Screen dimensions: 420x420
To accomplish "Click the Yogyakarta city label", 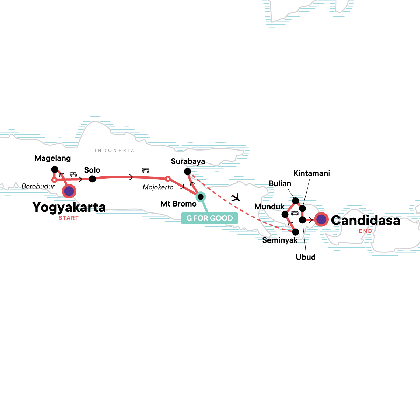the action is pos(69,207).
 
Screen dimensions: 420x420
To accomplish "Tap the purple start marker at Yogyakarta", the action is pos(69,191).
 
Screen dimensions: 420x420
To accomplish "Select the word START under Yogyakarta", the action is pos(69,218).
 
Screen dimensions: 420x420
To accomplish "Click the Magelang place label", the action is pos(53,158).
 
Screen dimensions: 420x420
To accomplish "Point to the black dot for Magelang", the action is pos(55,169).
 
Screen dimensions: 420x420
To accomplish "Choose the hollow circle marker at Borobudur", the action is pos(54,180).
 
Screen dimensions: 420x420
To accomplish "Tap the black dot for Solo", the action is pos(92,179).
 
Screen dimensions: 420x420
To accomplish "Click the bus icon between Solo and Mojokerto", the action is pos(146,170).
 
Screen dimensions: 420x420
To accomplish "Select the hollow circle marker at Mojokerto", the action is pos(168,179).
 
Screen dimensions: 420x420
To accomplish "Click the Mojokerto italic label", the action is pos(158,187).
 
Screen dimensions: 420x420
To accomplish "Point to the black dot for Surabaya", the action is pos(188,171).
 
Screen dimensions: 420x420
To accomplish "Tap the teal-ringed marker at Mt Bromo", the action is pos(201,197).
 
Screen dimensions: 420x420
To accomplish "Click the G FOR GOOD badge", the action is pos(210,218).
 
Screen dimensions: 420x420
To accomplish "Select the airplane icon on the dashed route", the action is pos(236,197).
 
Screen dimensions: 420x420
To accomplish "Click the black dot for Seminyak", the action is pos(295,232).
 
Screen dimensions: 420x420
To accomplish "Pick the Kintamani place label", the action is pos(312,173).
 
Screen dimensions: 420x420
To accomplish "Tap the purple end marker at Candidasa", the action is pos(321,219).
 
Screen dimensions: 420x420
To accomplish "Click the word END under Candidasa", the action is pos(365,231).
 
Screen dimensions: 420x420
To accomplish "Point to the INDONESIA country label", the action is pos(114,150).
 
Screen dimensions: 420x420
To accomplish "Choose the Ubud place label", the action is pos(306,257).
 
